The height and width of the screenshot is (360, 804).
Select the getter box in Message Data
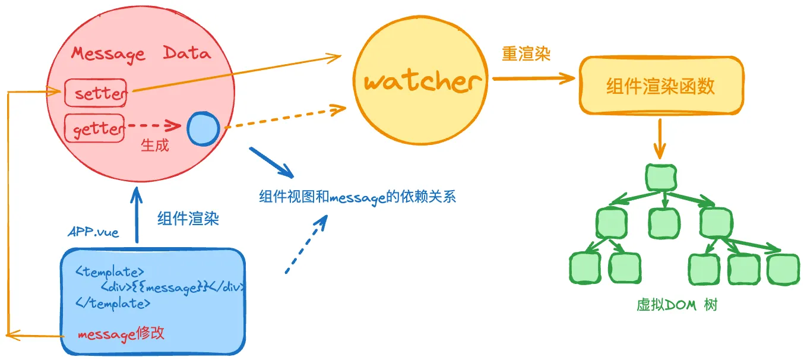pyautogui.click(x=94, y=128)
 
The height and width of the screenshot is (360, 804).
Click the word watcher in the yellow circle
pyautogui.click(x=421, y=81)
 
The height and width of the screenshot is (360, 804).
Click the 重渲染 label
pyautogui.click(x=526, y=55)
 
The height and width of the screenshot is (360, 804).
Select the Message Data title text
pyautogui.click(x=141, y=53)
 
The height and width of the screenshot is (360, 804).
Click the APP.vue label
pyautogui.click(x=94, y=232)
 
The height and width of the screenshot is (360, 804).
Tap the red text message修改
pyautogui.click(x=121, y=334)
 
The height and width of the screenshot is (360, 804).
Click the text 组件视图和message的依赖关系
pyautogui.click(x=357, y=197)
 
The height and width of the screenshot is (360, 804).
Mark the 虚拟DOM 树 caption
pyautogui.click(x=677, y=305)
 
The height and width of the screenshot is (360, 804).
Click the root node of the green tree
pyautogui.click(x=660, y=177)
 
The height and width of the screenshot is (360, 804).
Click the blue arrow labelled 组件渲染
pyautogui.click(x=137, y=214)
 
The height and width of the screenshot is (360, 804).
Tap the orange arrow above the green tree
pyautogui.click(x=659, y=138)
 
